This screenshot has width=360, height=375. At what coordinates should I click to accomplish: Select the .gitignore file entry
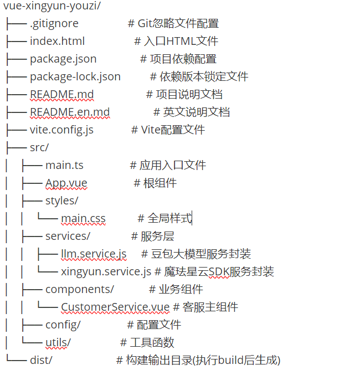tap(54, 23)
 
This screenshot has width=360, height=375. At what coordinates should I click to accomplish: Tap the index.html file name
tap(57, 41)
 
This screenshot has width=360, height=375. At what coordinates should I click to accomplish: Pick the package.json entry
tap(63, 59)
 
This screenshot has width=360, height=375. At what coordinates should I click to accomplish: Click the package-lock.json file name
tap(75, 76)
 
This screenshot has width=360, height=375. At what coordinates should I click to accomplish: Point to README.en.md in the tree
tap(70, 112)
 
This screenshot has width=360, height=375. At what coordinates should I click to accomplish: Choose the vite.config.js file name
tap(61, 130)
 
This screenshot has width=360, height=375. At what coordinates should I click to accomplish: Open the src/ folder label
tap(39, 147)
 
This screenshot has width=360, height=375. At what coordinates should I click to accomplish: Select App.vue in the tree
tap(66, 183)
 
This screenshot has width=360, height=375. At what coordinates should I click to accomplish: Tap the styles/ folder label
tap(61, 201)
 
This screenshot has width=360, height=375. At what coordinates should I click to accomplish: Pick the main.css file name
tap(83, 218)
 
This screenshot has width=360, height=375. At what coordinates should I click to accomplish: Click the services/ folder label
tap(68, 236)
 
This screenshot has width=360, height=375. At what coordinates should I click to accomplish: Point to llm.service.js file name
tap(93, 254)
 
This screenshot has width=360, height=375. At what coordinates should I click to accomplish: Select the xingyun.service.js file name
tap(106, 271)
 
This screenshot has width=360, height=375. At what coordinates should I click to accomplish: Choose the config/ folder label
tap(63, 325)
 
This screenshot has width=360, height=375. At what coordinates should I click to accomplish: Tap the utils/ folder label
tap(58, 342)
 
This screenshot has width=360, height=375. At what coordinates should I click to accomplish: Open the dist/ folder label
tap(41, 360)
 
